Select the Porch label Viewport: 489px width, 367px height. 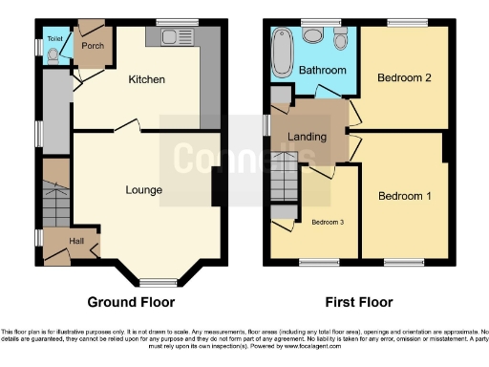pos(92,45)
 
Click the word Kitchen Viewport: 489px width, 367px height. pos(147,79)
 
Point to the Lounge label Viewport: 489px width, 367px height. pos(143,189)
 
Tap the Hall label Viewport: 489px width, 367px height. pos(76,240)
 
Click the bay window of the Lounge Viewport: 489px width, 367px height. pos(151,281)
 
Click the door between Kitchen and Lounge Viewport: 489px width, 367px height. pos(129,125)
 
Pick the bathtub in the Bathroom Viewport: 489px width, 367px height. pos(281,55)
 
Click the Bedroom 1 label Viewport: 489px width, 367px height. pos(404,196)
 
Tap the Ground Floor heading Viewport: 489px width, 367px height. pos(131,302)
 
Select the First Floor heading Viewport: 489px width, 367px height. pos(359,302)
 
